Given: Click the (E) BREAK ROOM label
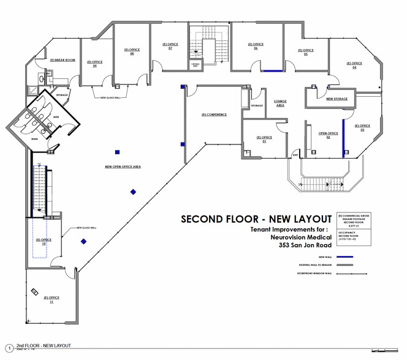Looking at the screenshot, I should (x=62, y=60).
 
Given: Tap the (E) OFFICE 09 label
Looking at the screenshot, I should (x=94, y=63).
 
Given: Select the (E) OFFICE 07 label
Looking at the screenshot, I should (x=170, y=45).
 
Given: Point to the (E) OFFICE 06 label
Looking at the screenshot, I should (x=256, y=45).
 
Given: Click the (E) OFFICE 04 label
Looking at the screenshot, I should (x=354, y=65).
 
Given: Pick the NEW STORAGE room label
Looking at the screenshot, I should (x=337, y=99).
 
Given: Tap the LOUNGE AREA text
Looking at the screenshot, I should (x=279, y=103).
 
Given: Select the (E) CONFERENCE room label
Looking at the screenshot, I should (x=214, y=114).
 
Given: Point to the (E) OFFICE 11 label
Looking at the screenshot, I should (x=52, y=299).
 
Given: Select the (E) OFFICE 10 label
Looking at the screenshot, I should (x=44, y=241).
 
